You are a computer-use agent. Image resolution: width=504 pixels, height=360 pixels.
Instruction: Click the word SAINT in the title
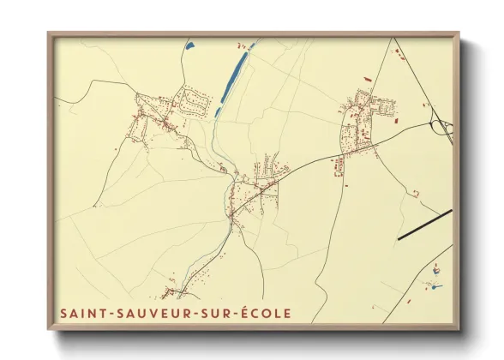coord(80,314)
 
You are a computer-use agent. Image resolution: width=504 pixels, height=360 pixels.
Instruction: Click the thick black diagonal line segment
coord(424,225)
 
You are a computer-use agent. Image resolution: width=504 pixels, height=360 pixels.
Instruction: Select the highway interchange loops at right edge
coord(444,129)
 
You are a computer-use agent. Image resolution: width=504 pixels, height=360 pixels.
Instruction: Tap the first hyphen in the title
coord(105,314)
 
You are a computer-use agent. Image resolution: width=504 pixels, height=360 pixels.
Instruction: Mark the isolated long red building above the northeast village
coord(367,80)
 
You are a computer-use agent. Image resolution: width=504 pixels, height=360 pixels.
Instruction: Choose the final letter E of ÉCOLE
coord(286,314)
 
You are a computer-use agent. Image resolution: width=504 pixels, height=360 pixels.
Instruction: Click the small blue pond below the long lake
coord(218,111)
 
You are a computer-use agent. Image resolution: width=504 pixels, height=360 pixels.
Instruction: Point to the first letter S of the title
coord(64,314)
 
